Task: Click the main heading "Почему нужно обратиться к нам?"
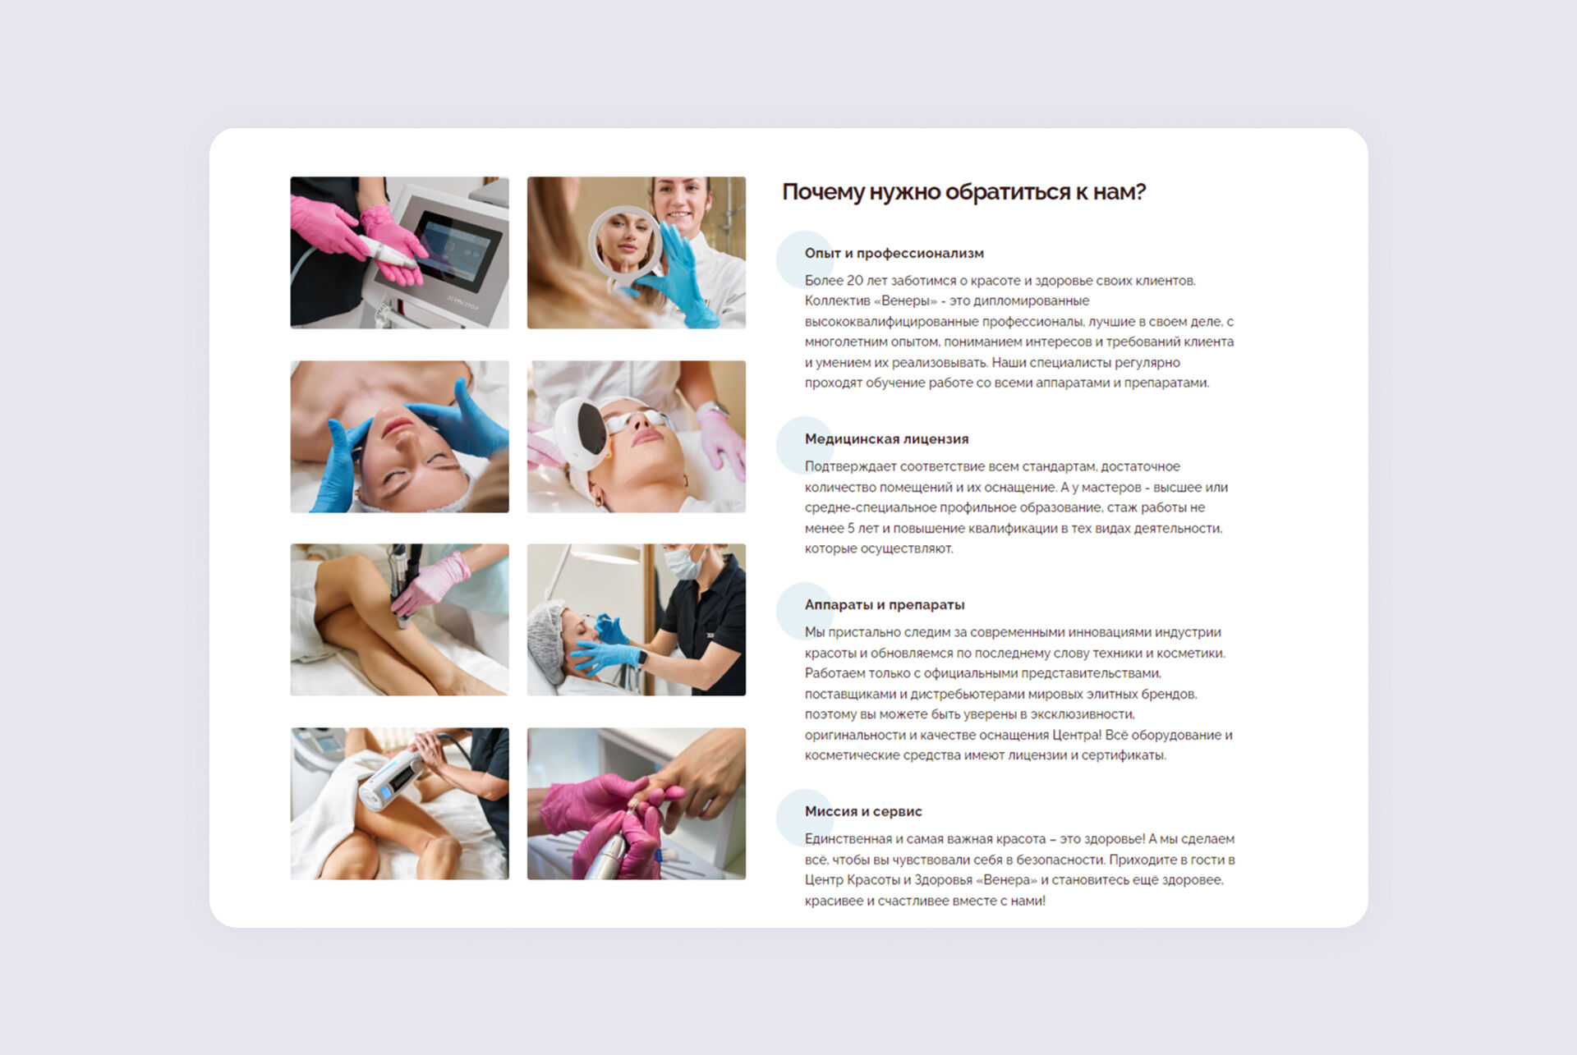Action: (963, 192)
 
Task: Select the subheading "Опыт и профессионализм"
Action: (894, 253)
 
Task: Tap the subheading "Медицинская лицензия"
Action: (886, 438)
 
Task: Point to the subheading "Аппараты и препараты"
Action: (885, 604)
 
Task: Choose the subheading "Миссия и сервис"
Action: (863, 811)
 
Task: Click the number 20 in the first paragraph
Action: (857, 281)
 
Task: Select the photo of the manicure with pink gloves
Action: (637, 803)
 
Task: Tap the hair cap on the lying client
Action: (546, 640)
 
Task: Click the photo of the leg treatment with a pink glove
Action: (399, 619)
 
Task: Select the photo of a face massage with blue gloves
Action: (399, 437)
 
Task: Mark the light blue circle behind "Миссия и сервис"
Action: (804, 818)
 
